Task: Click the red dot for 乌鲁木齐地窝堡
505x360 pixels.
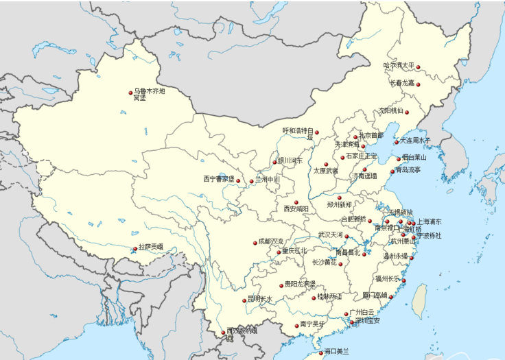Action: click(x=130, y=93)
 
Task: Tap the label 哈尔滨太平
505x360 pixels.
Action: click(x=399, y=66)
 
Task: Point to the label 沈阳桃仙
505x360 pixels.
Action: click(x=390, y=110)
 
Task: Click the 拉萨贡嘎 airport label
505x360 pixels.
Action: click(x=151, y=247)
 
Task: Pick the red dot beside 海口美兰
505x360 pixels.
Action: click(x=320, y=353)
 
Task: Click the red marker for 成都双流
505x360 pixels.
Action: click(x=254, y=243)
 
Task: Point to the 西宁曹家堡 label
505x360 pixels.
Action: click(x=218, y=179)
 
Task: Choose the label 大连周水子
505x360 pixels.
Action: click(x=415, y=141)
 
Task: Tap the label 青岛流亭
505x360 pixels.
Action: click(x=408, y=169)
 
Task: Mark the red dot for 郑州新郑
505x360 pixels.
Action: click(x=339, y=197)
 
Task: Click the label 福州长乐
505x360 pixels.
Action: click(x=388, y=279)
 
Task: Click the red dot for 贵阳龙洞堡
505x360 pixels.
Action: click(x=281, y=285)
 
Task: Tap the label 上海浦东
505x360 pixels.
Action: click(x=430, y=222)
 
